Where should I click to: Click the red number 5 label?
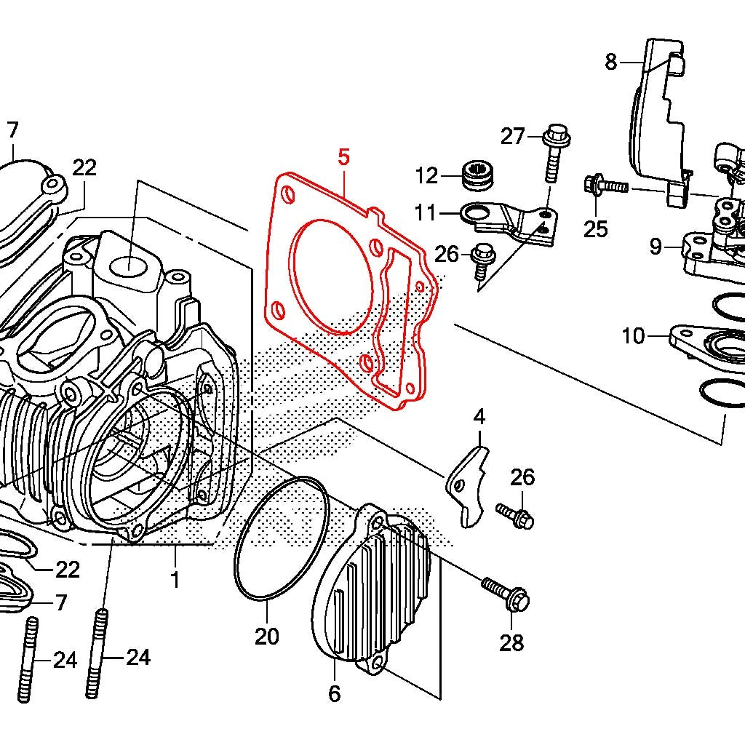click(344, 156)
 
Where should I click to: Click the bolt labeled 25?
click(605, 186)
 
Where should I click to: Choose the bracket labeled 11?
click(509, 218)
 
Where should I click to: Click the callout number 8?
click(610, 63)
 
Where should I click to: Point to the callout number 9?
click(656, 247)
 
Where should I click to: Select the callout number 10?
click(634, 336)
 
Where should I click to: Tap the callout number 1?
click(175, 580)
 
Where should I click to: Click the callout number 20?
click(267, 637)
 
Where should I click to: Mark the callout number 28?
click(512, 643)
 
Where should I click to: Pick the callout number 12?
click(427, 175)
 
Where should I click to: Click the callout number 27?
click(512, 136)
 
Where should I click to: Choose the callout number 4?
click(479, 417)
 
